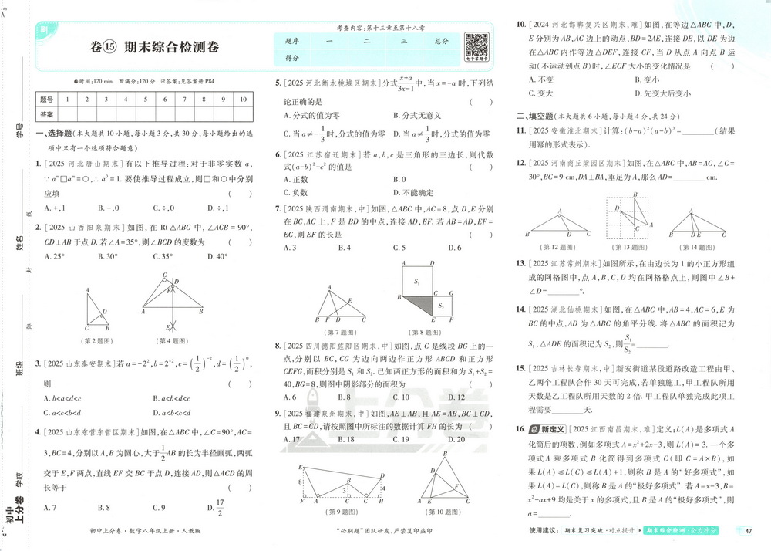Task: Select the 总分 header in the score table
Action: point(441,40)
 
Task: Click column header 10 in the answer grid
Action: point(242,100)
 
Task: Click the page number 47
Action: point(748,530)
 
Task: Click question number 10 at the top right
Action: point(521,25)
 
